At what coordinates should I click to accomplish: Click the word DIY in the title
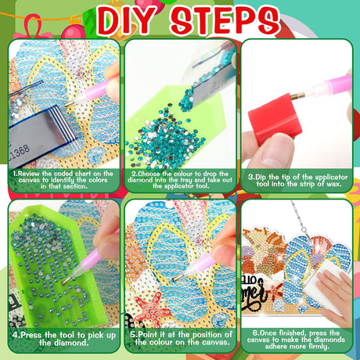[x=127, y=21]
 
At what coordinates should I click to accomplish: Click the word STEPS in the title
[x=225, y=21]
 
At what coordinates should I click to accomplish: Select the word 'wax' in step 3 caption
[x=333, y=184]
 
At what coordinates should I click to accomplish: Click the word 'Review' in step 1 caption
[x=29, y=174]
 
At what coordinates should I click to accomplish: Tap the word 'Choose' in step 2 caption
[x=149, y=174]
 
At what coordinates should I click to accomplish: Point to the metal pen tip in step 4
[x=67, y=280]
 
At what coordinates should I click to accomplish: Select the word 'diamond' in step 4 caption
[x=64, y=343]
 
